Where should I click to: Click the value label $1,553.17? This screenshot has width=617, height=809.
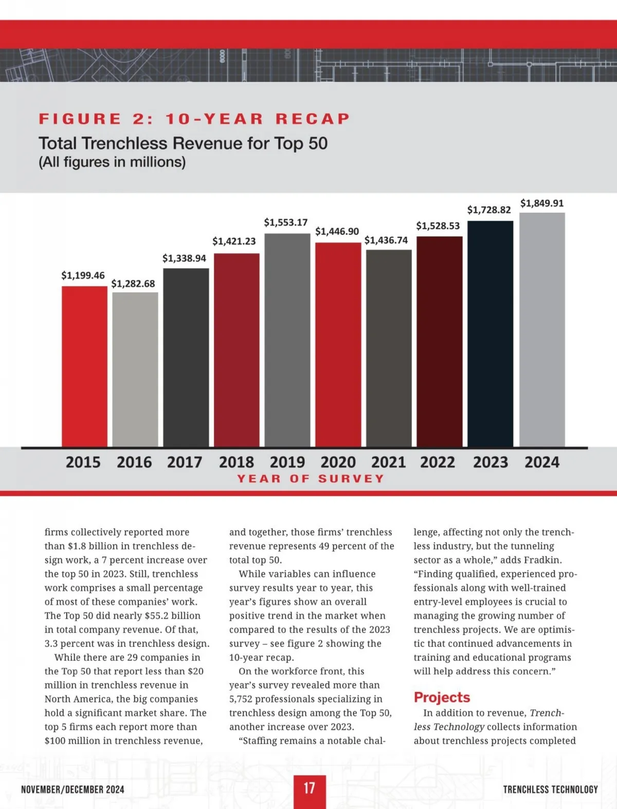click(286, 222)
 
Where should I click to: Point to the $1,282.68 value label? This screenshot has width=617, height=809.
click(133, 284)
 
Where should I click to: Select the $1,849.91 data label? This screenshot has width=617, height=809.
click(542, 203)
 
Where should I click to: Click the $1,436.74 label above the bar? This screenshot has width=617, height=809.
click(386, 240)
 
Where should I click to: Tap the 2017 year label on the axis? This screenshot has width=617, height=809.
click(185, 462)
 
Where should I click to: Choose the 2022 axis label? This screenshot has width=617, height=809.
click(438, 462)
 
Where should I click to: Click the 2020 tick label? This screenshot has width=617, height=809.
click(338, 462)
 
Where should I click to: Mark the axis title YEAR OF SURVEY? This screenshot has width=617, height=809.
click(311, 479)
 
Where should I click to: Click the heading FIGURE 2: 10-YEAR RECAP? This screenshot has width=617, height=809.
click(194, 119)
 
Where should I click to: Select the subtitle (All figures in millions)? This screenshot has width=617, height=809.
click(112, 162)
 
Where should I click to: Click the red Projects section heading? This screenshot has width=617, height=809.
click(442, 698)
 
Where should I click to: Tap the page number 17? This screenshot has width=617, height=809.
click(309, 788)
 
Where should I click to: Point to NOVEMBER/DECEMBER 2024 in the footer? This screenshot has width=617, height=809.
click(72, 789)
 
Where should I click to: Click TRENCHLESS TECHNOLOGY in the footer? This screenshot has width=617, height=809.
click(550, 789)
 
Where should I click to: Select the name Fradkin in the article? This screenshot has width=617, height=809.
click(542, 560)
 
